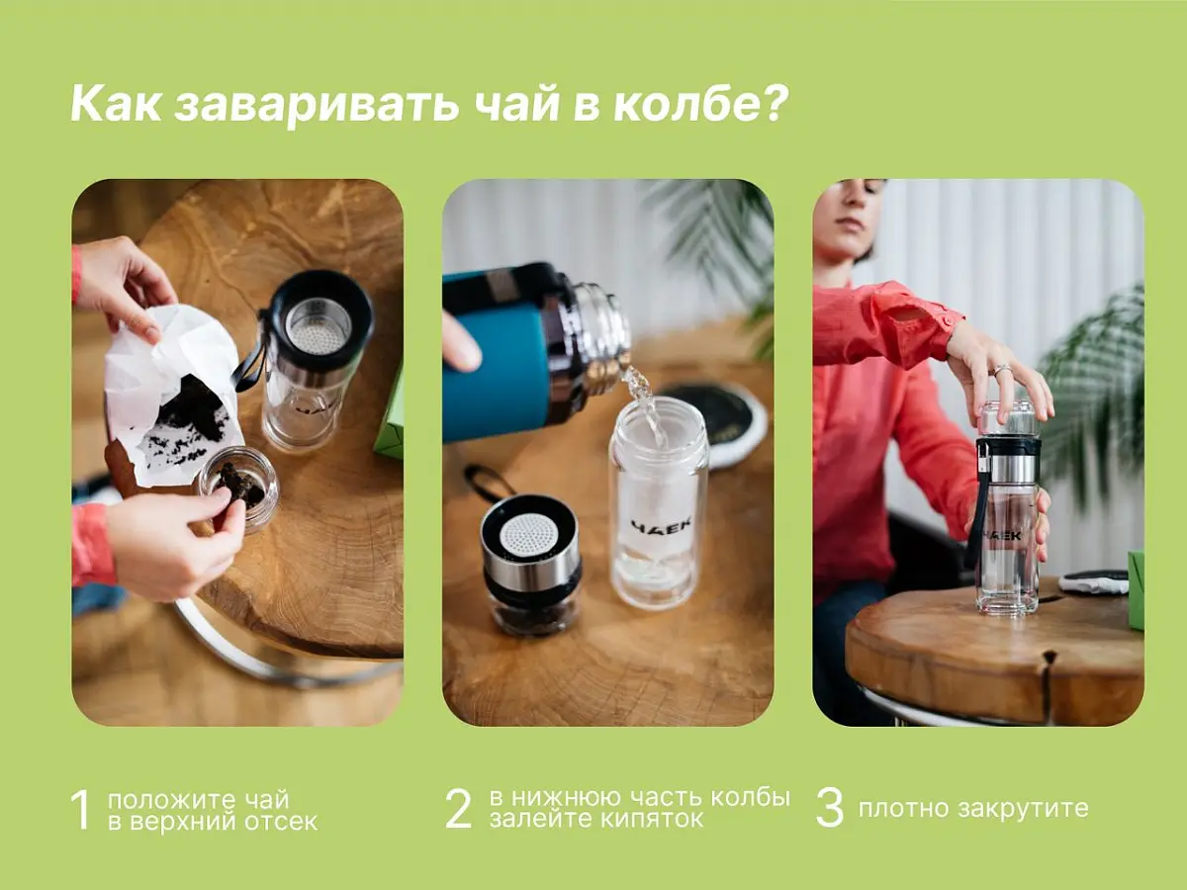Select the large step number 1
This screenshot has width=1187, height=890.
click(x=81, y=810)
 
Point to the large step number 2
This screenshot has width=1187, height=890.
click(x=459, y=809)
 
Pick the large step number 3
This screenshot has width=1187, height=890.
click(x=829, y=809)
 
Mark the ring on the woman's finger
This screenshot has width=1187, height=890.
click(x=1001, y=370)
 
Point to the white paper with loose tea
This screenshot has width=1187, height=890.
click(x=173, y=396)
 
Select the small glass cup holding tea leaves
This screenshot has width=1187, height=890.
click(x=237, y=484)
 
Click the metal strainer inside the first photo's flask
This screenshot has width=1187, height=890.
click(x=317, y=326)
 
